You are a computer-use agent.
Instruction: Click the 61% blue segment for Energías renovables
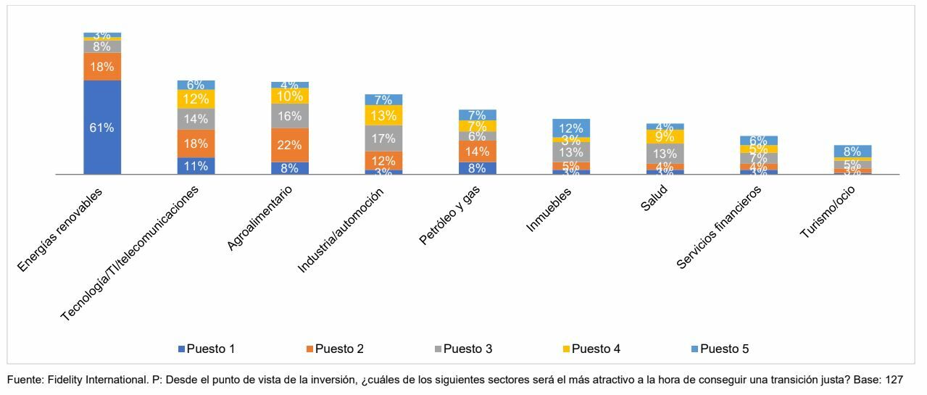[102, 128]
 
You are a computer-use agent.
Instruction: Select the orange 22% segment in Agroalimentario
[289, 145]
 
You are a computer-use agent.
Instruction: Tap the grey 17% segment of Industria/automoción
[383, 138]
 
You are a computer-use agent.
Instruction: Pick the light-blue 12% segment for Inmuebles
[570, 128]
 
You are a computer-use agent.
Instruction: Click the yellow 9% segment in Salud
[665, 136]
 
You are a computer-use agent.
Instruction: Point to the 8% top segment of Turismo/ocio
[852, 151]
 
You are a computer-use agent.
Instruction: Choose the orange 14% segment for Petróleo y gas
[477, 151]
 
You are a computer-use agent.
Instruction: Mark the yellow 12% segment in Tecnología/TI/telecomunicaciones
[196, 99]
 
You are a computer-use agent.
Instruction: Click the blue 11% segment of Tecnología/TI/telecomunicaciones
[196, 166]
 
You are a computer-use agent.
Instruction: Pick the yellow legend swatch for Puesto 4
[566, 349]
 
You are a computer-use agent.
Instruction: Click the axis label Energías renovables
[60, 230]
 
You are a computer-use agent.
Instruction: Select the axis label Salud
[654, 198]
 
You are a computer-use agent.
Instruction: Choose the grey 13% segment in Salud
[665, 154]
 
